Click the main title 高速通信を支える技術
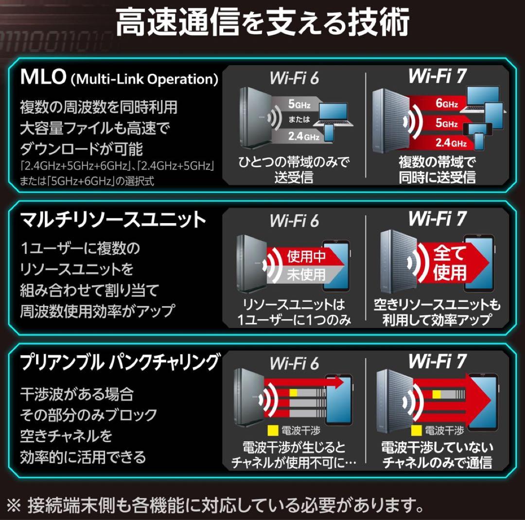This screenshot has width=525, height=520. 262,22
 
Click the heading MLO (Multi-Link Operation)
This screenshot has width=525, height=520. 119,78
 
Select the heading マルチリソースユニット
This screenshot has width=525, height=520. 113,220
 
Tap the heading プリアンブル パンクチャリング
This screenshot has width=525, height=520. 120,362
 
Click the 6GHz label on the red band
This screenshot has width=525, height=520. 446,104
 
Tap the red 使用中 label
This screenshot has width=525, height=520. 306,256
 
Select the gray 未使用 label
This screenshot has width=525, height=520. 306,274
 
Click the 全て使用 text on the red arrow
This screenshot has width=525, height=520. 449,263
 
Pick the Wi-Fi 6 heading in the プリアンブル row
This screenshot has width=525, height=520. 294,363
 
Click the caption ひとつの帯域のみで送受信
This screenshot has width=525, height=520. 294,169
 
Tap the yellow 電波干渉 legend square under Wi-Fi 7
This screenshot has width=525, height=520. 416,431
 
